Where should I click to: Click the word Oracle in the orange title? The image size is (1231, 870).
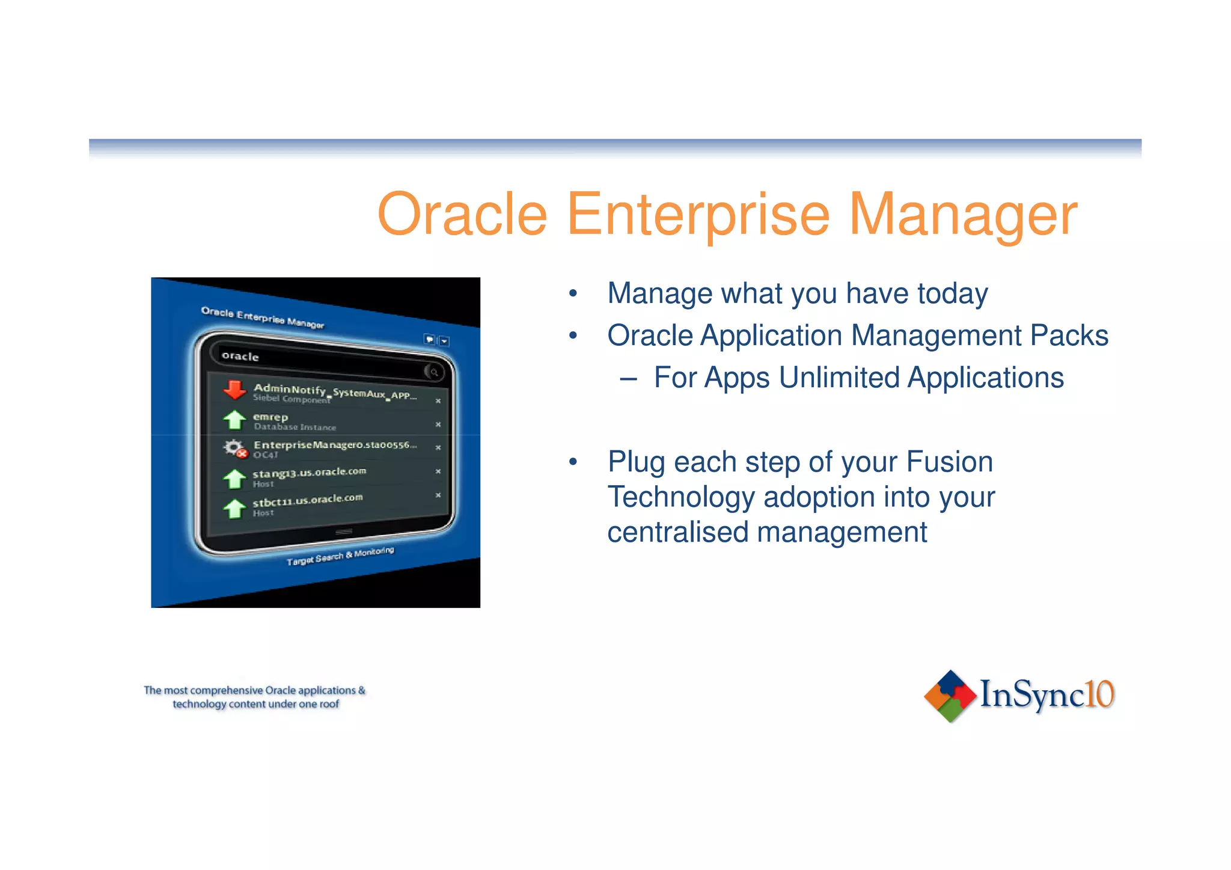point(462,215)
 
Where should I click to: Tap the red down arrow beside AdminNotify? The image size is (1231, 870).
point(234,390)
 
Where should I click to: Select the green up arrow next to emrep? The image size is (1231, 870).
point(234,420)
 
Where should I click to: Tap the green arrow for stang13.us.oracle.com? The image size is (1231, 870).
point(234,479)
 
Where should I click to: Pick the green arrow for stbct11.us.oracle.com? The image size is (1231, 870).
point(234,508)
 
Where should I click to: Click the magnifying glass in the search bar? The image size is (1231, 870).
point(434,372)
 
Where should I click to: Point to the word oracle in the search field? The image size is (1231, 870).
point(240,356)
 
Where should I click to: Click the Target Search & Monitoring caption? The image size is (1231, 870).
point(340,556)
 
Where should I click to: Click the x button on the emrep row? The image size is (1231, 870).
point(438,424)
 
